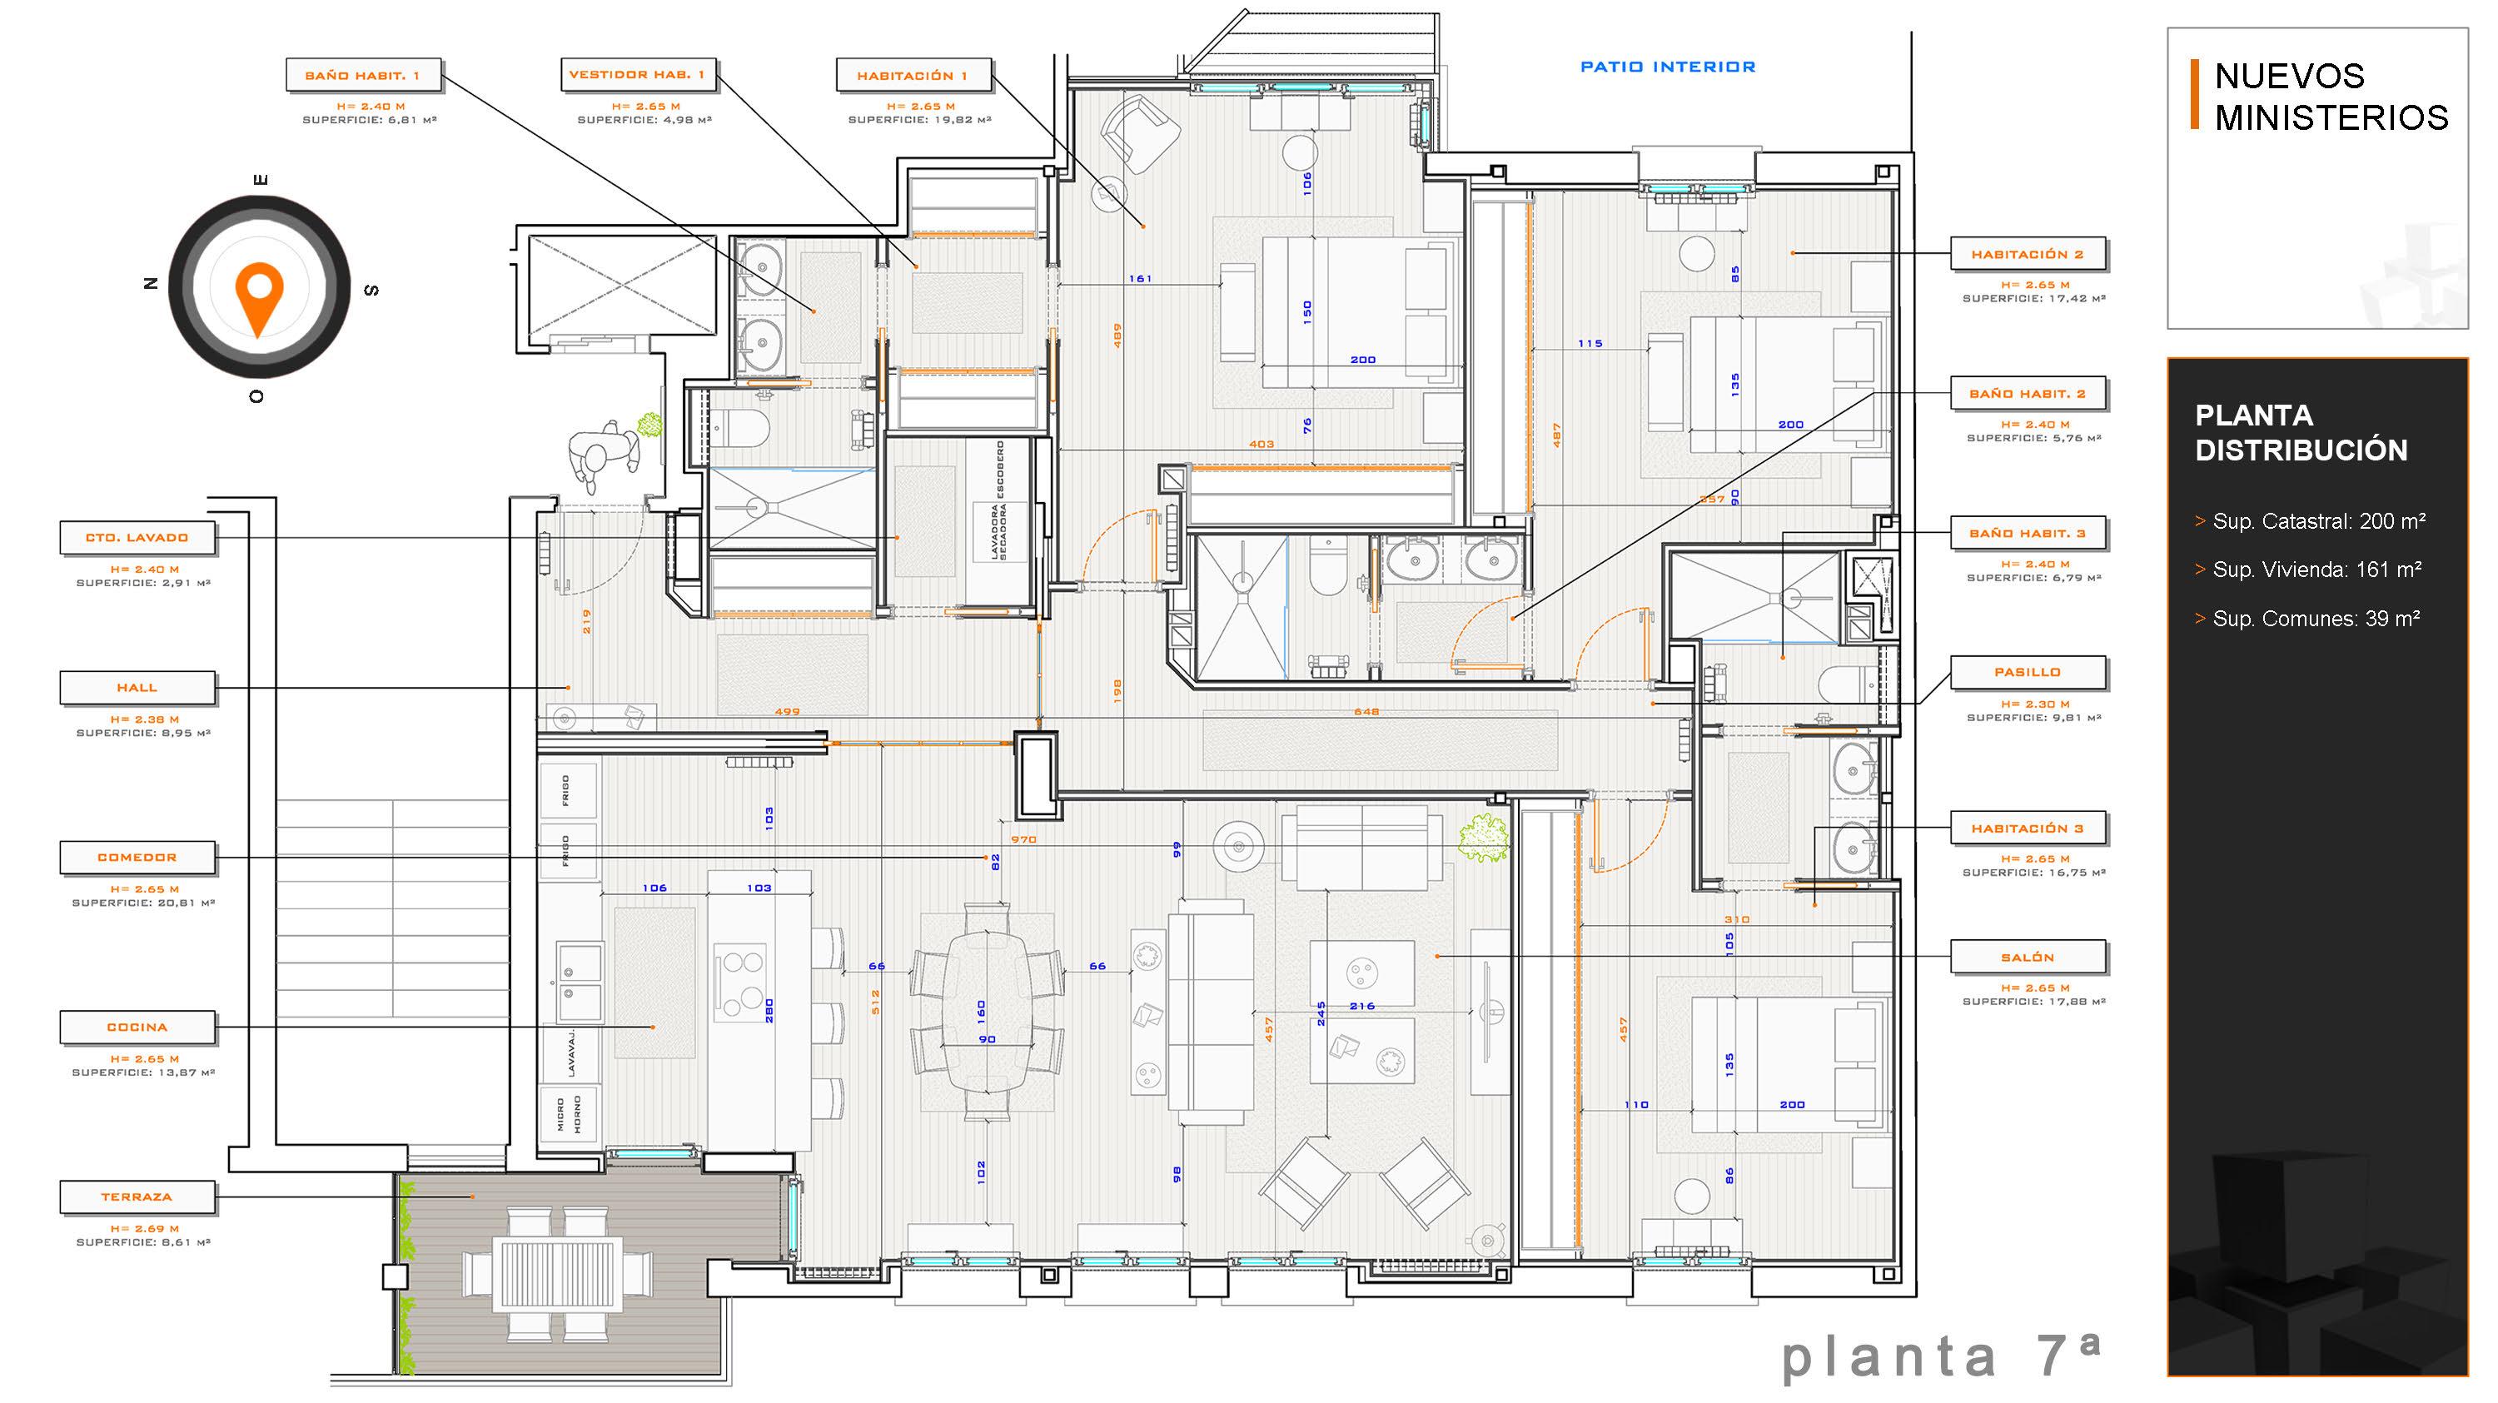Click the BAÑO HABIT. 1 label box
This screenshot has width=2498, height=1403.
point(364,75)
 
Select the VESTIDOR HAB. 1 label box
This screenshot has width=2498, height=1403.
point(638,74)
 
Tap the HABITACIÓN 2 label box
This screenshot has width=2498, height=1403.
point(2028,254)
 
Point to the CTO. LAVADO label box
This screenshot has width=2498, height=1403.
point(137,537)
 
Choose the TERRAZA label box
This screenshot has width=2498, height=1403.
point(137,1197)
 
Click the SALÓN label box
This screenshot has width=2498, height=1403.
point(2028,957)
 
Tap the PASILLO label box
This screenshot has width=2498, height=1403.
point(2028,672)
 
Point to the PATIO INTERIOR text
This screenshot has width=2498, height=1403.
point(1668,67)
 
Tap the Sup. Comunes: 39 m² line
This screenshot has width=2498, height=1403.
point(2308,619)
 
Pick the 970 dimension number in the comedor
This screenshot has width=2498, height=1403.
point(1024,839)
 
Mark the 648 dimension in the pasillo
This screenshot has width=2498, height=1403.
point(1366,712)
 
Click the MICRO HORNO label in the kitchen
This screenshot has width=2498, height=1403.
point(570,1114)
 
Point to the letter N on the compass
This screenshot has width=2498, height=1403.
point(151,284)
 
